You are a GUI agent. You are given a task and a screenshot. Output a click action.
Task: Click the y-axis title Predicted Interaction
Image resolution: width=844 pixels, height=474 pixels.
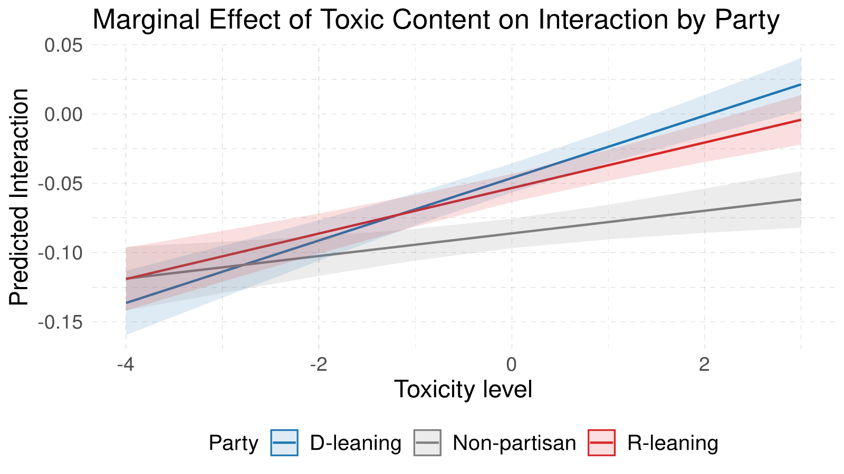pos(19,197)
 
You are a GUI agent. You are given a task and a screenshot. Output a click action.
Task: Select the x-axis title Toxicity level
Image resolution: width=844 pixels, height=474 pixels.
pos(463,389)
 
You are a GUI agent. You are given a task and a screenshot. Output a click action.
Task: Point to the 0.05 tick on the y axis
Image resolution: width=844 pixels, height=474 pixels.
pos(63,45)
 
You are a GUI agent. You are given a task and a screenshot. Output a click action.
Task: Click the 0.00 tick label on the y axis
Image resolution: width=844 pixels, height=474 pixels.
pos(63,114)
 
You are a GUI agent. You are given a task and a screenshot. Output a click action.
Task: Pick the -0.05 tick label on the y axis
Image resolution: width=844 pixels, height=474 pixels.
pos(60,184)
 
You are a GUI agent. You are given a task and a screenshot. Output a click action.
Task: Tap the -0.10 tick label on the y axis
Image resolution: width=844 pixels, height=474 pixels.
pos(60,253)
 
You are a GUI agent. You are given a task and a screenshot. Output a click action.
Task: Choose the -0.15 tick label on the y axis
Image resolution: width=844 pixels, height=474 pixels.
pos(60,322)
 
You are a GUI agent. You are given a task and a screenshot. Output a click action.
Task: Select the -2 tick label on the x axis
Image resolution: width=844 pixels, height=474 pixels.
pos(318,364)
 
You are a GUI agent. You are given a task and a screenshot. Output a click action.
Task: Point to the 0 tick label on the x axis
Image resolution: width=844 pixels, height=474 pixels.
pos(511,364)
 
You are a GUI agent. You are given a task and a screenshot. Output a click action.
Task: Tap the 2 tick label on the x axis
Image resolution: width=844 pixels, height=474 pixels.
pos(704,364)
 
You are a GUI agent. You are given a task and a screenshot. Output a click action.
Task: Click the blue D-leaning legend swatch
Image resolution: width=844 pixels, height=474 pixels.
pos(285,442)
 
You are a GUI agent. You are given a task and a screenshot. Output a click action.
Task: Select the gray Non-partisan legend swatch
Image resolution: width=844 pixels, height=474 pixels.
pos(427,442)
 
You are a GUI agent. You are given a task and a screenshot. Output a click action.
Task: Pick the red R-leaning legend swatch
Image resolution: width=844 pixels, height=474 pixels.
pos(602,442)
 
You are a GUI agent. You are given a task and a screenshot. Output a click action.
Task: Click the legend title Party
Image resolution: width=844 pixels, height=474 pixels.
pos(233,443)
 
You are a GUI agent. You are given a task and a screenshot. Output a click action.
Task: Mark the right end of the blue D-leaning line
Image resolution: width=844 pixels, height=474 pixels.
pos(801,84)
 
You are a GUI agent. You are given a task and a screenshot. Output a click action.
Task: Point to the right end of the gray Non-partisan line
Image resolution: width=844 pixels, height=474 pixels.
pos(801,200)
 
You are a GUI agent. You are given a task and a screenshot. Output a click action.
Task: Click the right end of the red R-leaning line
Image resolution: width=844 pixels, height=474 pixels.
pos(801,120)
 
